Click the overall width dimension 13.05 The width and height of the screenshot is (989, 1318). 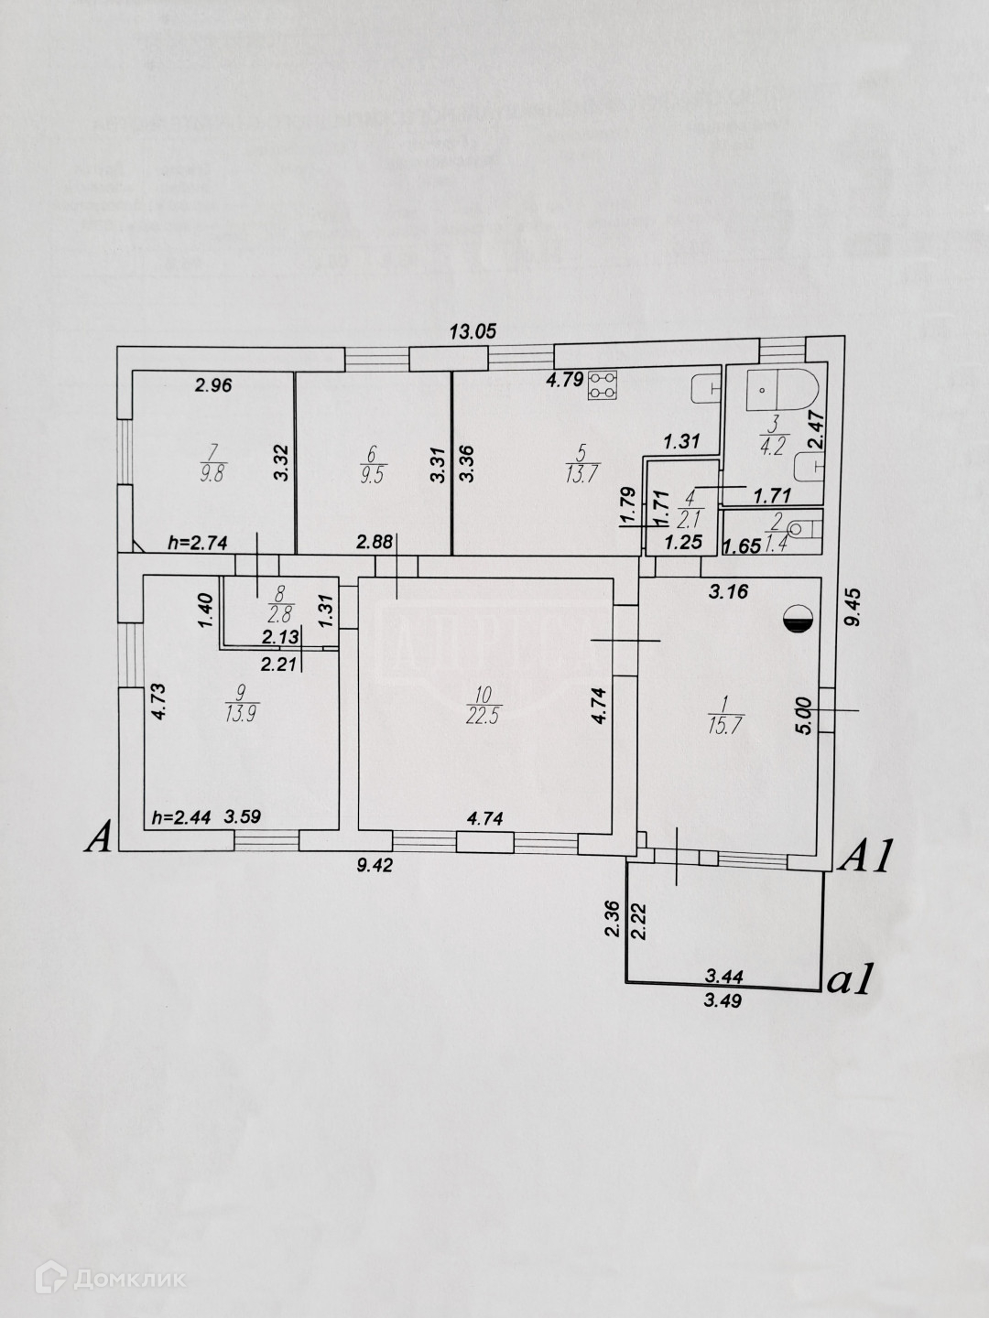coord(473,332)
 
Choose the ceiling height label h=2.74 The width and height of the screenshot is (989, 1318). coord(197,542)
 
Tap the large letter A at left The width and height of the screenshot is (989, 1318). coord(99,837)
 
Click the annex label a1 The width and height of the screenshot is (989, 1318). coord(847,980)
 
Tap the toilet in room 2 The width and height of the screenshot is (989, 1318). coord(802,528)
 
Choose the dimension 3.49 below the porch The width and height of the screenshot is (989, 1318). coord(723,1000)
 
